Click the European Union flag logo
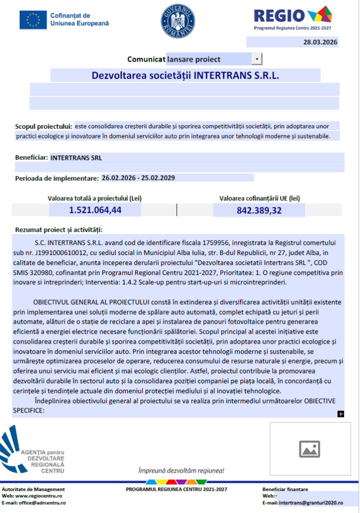point(33,20)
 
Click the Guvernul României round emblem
point(175,20)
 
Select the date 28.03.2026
point(320,42)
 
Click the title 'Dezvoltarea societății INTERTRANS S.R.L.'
point(185,76)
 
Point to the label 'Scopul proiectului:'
point(44,126)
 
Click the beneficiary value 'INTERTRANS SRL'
point(76,157)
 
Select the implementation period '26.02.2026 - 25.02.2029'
point(138,178)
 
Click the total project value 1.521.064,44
point(95,210)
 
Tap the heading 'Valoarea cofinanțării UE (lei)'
point(259,198)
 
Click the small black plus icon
point(341,414)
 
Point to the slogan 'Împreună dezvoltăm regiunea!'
point(181,471)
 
